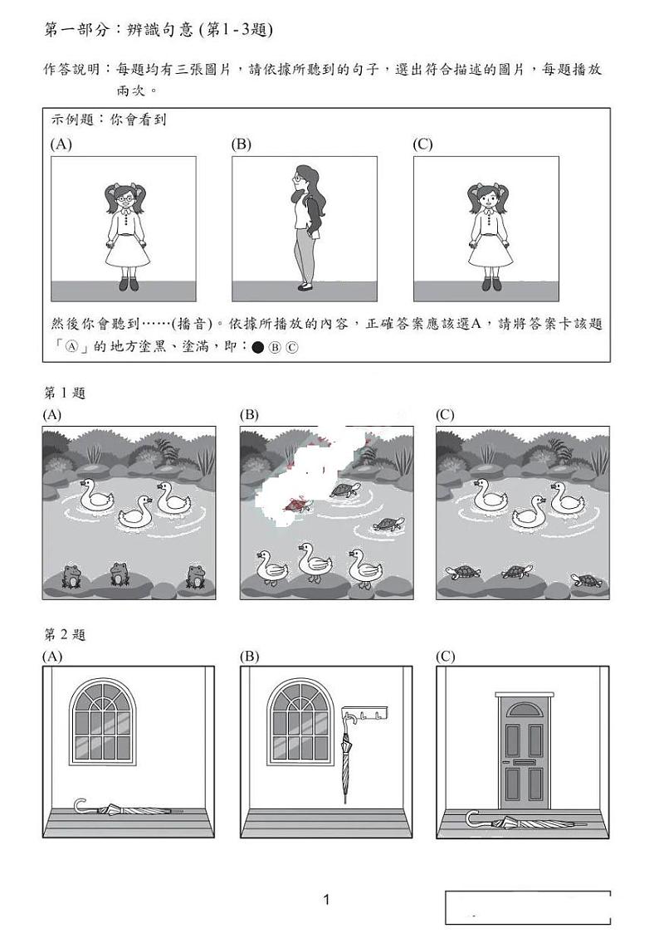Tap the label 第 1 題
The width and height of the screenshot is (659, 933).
pos(65,393)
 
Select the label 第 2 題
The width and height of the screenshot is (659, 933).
pos(65,635)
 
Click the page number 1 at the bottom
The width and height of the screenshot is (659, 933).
pos(326,900)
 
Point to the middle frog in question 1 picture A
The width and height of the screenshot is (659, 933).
pos(121,572)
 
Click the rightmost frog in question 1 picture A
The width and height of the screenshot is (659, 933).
pos(196,575)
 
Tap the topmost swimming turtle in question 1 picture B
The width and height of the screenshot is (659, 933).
pos(344,491)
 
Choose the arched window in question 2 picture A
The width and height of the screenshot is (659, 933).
pos(103,721)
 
